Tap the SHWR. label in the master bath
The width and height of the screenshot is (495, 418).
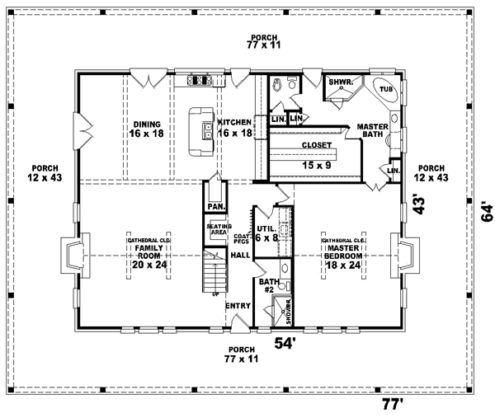pyautogui.click(x=340, y=82)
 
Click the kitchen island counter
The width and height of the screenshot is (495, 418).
pyautogui.click(x=200, y=131)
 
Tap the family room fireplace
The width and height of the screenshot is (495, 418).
pyautogui.click(x=71, y=256)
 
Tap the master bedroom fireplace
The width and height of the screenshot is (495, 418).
pyautogui.click(x=408, y=256)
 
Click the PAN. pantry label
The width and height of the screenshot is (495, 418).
pyautogui.click(x=215, y=206)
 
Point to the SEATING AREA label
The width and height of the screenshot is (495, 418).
pyautogui.click(x=217, y=230)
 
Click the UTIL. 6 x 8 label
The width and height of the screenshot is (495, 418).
pyautogui.click(x=266, y=232)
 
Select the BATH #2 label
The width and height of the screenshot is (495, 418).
pyautogui.click(x=266, y=286)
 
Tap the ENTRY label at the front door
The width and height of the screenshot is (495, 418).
pyautogui.click(x=238, y=306)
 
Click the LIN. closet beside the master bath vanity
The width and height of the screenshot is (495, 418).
pyautogui.click(x=393, y=170)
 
